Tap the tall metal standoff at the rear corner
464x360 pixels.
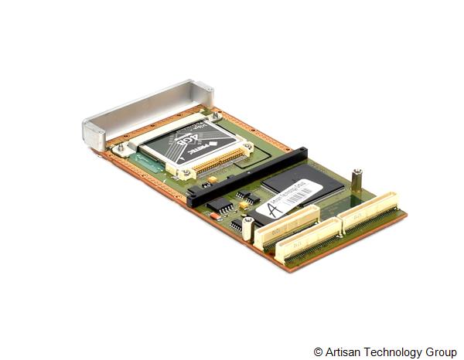pyautogui.click(x=357, y=182)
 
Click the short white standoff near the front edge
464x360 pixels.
pyautogui.click(x=247, y=229)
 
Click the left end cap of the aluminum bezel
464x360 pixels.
pyautogui.click(x=94, y=134)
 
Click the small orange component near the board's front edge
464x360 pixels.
pyautogui.click(x=243, y=205)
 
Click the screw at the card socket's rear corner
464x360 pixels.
pyautogui.click(x=216, y=117)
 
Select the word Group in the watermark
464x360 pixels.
pyautogui.click(x=441, y=352)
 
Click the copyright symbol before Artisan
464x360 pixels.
pyautogui.click(x=319, y=352)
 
